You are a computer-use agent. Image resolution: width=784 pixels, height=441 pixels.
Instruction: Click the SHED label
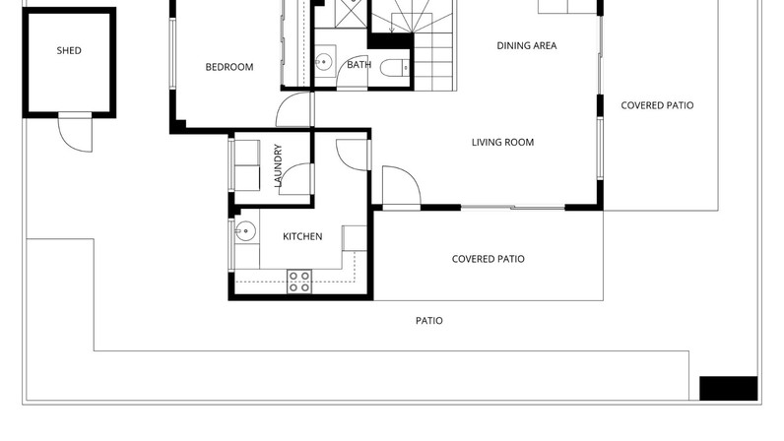[x=69, y=50]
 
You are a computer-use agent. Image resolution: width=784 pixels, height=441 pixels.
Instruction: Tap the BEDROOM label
[x=229, y=67]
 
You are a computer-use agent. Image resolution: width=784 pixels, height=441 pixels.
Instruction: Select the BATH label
[x=359, y=65]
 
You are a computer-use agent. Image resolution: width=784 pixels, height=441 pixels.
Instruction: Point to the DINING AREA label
[x=527, y=45]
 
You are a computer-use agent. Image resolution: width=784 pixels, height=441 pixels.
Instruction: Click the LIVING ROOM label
[x=502, y=142]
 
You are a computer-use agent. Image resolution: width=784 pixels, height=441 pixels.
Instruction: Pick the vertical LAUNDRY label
[x=278, y=165]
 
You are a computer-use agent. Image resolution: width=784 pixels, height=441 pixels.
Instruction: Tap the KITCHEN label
[x=302, y=236]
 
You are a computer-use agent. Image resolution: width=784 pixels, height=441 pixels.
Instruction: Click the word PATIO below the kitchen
[x=429, y=321]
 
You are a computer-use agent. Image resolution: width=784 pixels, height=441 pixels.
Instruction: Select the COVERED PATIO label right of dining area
[x=657, y=105]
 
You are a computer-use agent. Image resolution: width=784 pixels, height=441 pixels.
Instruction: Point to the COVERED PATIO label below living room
[x=488, y=259]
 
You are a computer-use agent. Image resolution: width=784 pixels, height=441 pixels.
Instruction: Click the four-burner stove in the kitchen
[x=299, y=282]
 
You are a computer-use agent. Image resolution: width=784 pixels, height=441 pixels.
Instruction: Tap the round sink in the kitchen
[x=245, y=231]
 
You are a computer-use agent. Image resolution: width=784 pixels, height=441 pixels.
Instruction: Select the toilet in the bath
[x=395, y=68]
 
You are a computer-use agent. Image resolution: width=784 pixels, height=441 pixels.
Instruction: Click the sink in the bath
[x=324, y=62]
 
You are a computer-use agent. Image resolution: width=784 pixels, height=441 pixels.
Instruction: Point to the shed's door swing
[x=75, y=134]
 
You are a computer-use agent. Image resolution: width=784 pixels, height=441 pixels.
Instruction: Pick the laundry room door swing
[x=295, y=179]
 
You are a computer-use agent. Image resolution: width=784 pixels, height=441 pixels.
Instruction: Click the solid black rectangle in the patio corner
[x=728, y=389]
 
